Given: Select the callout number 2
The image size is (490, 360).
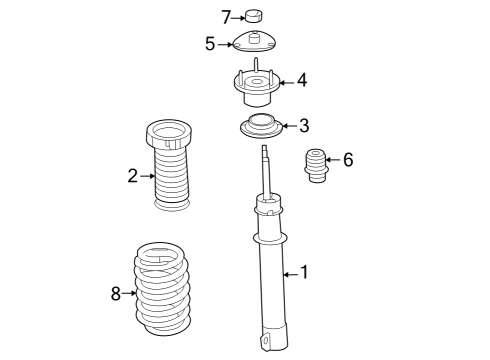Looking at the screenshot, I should point(132,176).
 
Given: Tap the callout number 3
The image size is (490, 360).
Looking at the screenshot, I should point(304,125).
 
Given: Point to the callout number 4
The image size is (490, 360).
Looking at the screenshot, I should point(301,80).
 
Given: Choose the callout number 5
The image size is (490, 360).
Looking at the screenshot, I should point(210,43).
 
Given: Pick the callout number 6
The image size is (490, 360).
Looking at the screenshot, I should point(347,160).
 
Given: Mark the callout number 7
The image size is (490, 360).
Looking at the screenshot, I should point(225,15).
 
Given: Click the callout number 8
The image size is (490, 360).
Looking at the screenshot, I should point(116,293).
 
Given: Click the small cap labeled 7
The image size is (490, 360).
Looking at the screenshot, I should point(254,15).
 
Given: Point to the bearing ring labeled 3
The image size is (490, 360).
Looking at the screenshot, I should point(262,127).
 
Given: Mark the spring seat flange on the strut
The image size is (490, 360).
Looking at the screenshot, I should point(270,240).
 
